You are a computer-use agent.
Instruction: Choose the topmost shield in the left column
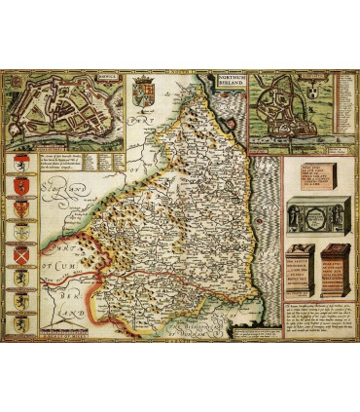tap(18, 164)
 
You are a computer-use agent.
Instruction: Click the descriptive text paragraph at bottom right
tap(315, 318)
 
